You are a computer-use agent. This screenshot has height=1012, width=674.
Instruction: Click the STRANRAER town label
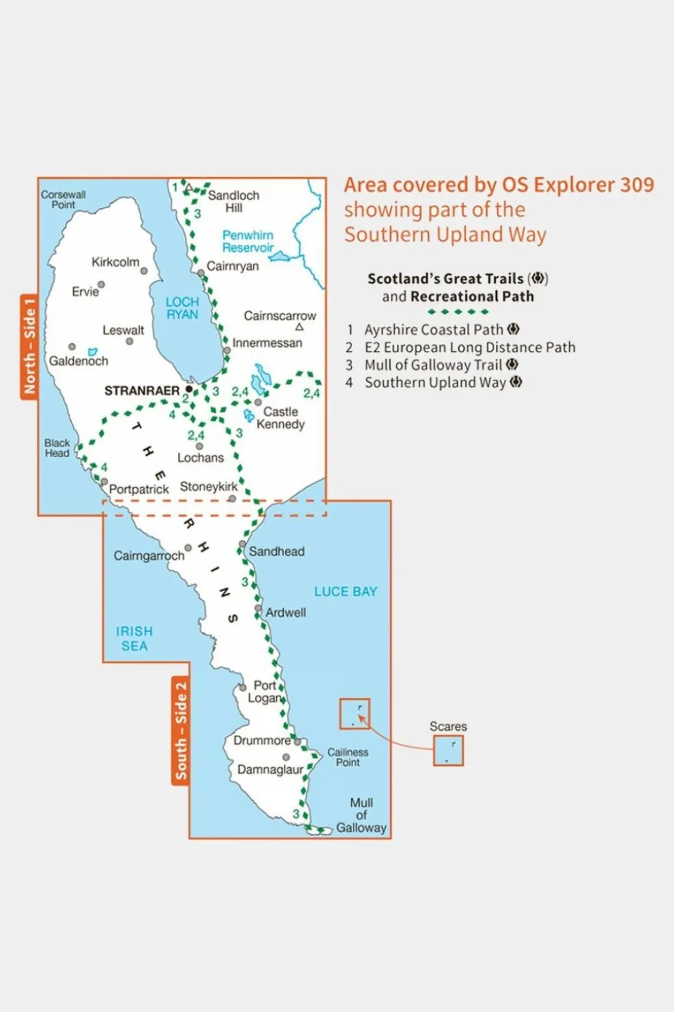(141, 390)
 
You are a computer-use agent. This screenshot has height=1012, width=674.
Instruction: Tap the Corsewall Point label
(63, 200)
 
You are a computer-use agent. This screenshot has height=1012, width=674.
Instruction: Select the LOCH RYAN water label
(182, 308)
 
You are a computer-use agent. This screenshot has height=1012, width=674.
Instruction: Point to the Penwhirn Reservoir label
(248, 241)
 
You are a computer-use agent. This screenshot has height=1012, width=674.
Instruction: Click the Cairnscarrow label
(280, 316)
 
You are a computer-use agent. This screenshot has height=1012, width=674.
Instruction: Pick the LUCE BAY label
(345, 591)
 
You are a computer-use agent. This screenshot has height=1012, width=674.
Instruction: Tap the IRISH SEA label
(134, 639)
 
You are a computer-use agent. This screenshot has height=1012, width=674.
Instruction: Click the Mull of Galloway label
(361, 815)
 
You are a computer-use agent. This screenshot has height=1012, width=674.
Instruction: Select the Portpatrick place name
(138, 489)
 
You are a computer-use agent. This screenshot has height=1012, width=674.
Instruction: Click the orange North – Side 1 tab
(29, 346)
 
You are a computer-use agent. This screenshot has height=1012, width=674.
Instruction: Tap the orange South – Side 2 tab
(181, 730)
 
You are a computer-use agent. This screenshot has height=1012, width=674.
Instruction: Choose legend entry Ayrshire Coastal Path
(434, 329)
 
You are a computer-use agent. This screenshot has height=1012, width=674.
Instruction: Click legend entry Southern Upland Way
(435, 383)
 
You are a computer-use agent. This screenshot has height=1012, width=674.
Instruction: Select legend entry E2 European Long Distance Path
(469, 347)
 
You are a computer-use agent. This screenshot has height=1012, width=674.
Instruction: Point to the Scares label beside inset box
(448, 726)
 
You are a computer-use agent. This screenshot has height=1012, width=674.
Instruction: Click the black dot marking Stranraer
(189, 389)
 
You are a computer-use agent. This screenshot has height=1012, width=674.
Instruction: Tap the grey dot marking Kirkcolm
(144, 271)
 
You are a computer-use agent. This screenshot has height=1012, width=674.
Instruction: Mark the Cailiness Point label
(348, 757)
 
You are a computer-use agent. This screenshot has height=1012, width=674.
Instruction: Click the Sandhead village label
(276, 551)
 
